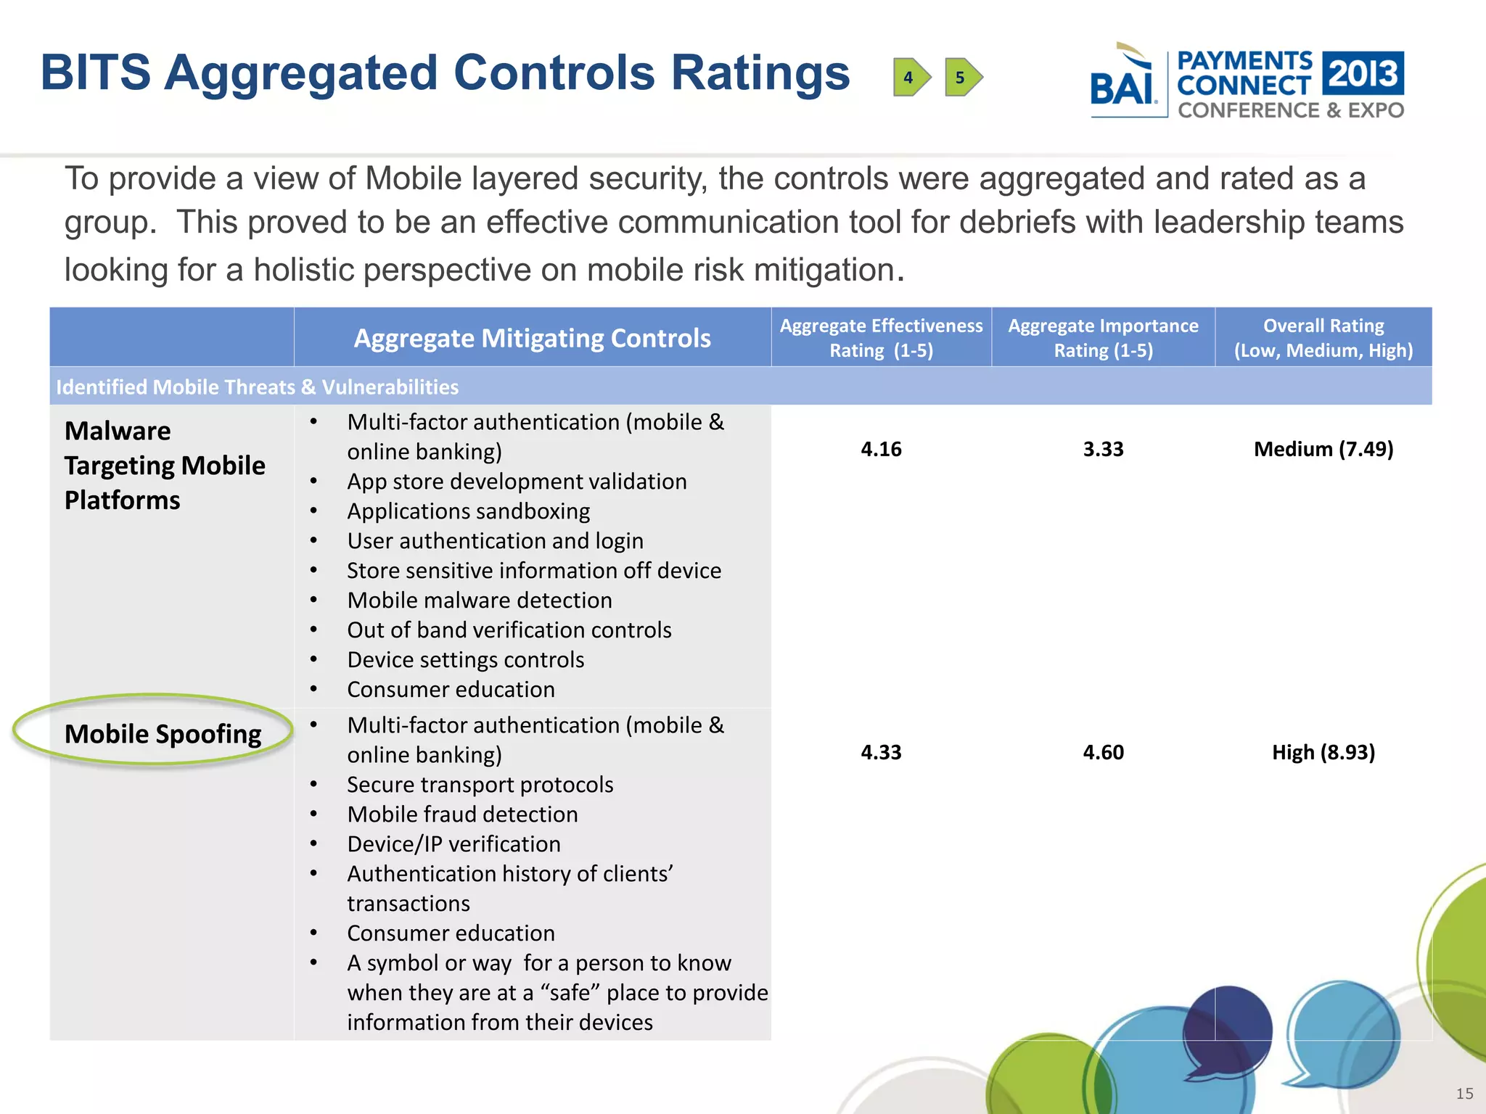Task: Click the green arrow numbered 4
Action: tap(911, 77)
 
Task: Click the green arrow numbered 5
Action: tap(963, 77)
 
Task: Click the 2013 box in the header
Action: tap(1363, 73)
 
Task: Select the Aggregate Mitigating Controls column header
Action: tap(532, 338)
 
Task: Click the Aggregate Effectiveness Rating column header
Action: tap(881, 338)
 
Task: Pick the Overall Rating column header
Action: tap(1323, 338)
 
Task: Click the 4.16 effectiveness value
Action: tap(881, 449)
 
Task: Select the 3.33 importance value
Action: tap(1103, 449)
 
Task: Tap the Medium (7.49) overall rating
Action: tap(1323, 449)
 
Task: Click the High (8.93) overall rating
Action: tap(1323, 752)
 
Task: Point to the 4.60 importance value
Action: tap(1103, 752)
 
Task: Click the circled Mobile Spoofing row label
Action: tap(163, 734)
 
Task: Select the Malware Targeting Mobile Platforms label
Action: tap(164, 465)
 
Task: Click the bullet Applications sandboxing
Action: tap(468, 511)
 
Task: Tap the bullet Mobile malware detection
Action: tap(479, 601)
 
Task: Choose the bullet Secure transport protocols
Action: tap(480, 785)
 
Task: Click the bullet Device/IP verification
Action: tap(453, 844)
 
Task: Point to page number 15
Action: tap(1464, 1094)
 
